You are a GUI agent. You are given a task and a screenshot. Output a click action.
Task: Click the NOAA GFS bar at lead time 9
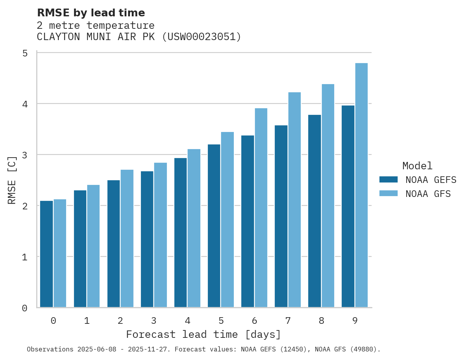click(x=361, y=185)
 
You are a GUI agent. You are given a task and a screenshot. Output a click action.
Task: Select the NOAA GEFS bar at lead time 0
click(x=46, y=254)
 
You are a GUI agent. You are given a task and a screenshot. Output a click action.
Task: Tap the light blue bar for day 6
click(x=261, y=207)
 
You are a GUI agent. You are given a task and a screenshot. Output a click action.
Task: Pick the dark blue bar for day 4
click(x=180, y=232)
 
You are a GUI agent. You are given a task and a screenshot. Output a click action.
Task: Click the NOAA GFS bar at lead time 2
click(x=127, y=238)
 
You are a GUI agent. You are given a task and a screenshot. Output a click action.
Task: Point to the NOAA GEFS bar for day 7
click(x=281, y=216)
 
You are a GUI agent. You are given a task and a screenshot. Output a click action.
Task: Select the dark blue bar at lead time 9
click(x=348, y=206)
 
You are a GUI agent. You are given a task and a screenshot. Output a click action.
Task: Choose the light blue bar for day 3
click(x=160, y=235)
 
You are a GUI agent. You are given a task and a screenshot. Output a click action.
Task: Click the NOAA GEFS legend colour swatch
click(x=388, y=179)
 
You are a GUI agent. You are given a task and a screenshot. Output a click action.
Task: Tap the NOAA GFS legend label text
click(x=428, y=194)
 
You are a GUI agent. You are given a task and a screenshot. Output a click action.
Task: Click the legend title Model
click(x=417, y=166)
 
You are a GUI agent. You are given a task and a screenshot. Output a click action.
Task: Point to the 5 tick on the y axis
click(x=25, y=53)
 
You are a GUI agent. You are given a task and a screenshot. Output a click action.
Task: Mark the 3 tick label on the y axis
click(x=25, y=155)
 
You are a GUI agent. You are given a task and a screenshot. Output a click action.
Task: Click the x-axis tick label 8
click(x=321, y=321)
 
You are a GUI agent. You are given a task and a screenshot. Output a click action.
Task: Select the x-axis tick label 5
click(x=221, y=321)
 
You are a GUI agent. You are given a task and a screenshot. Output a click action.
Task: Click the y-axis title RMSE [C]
click(x=12, y=180)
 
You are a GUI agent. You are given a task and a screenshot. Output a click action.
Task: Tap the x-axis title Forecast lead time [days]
click(x=203, y=334)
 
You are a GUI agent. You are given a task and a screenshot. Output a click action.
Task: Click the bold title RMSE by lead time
click(x=91, y=13)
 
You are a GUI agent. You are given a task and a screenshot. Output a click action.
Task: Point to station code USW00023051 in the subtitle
click(x=201, y=37)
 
